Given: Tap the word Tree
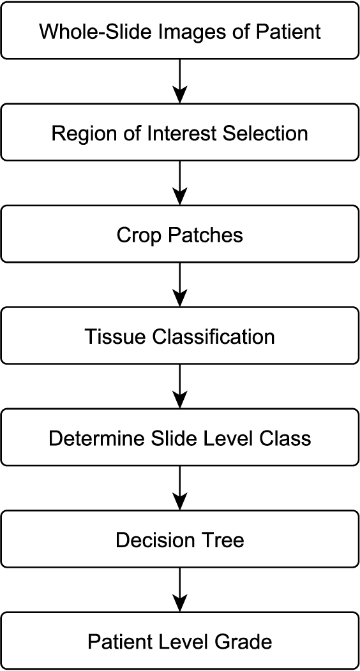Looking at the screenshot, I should (220, 540).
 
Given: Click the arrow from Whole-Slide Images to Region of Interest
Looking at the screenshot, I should (180, 82).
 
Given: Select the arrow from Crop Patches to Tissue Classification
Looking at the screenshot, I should (180, 286).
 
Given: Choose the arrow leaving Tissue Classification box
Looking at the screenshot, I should (180, 387).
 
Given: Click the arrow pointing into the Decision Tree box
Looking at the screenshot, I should (180, 489).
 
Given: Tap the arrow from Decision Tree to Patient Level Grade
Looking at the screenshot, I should (180, 591).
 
